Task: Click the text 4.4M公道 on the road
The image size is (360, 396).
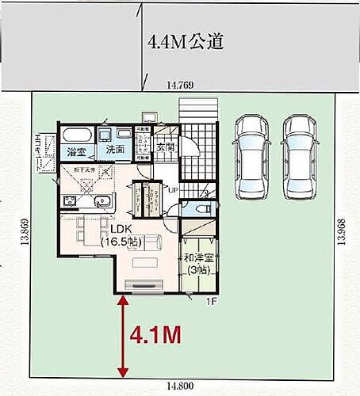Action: [184, 42]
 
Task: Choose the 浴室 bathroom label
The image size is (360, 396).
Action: [76, 150]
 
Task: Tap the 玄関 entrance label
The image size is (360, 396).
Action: [165, 146]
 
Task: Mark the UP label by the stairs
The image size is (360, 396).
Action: [172, 191]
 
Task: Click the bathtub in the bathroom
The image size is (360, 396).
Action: [76, 132]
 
